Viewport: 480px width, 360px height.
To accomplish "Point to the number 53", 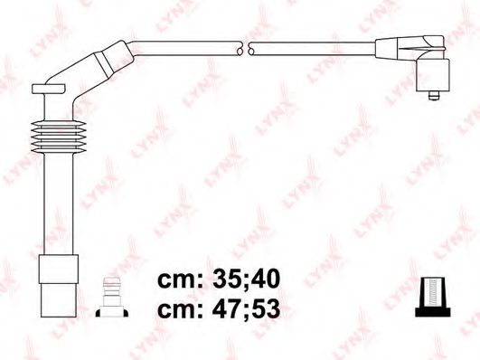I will click(x=262, y=308).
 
